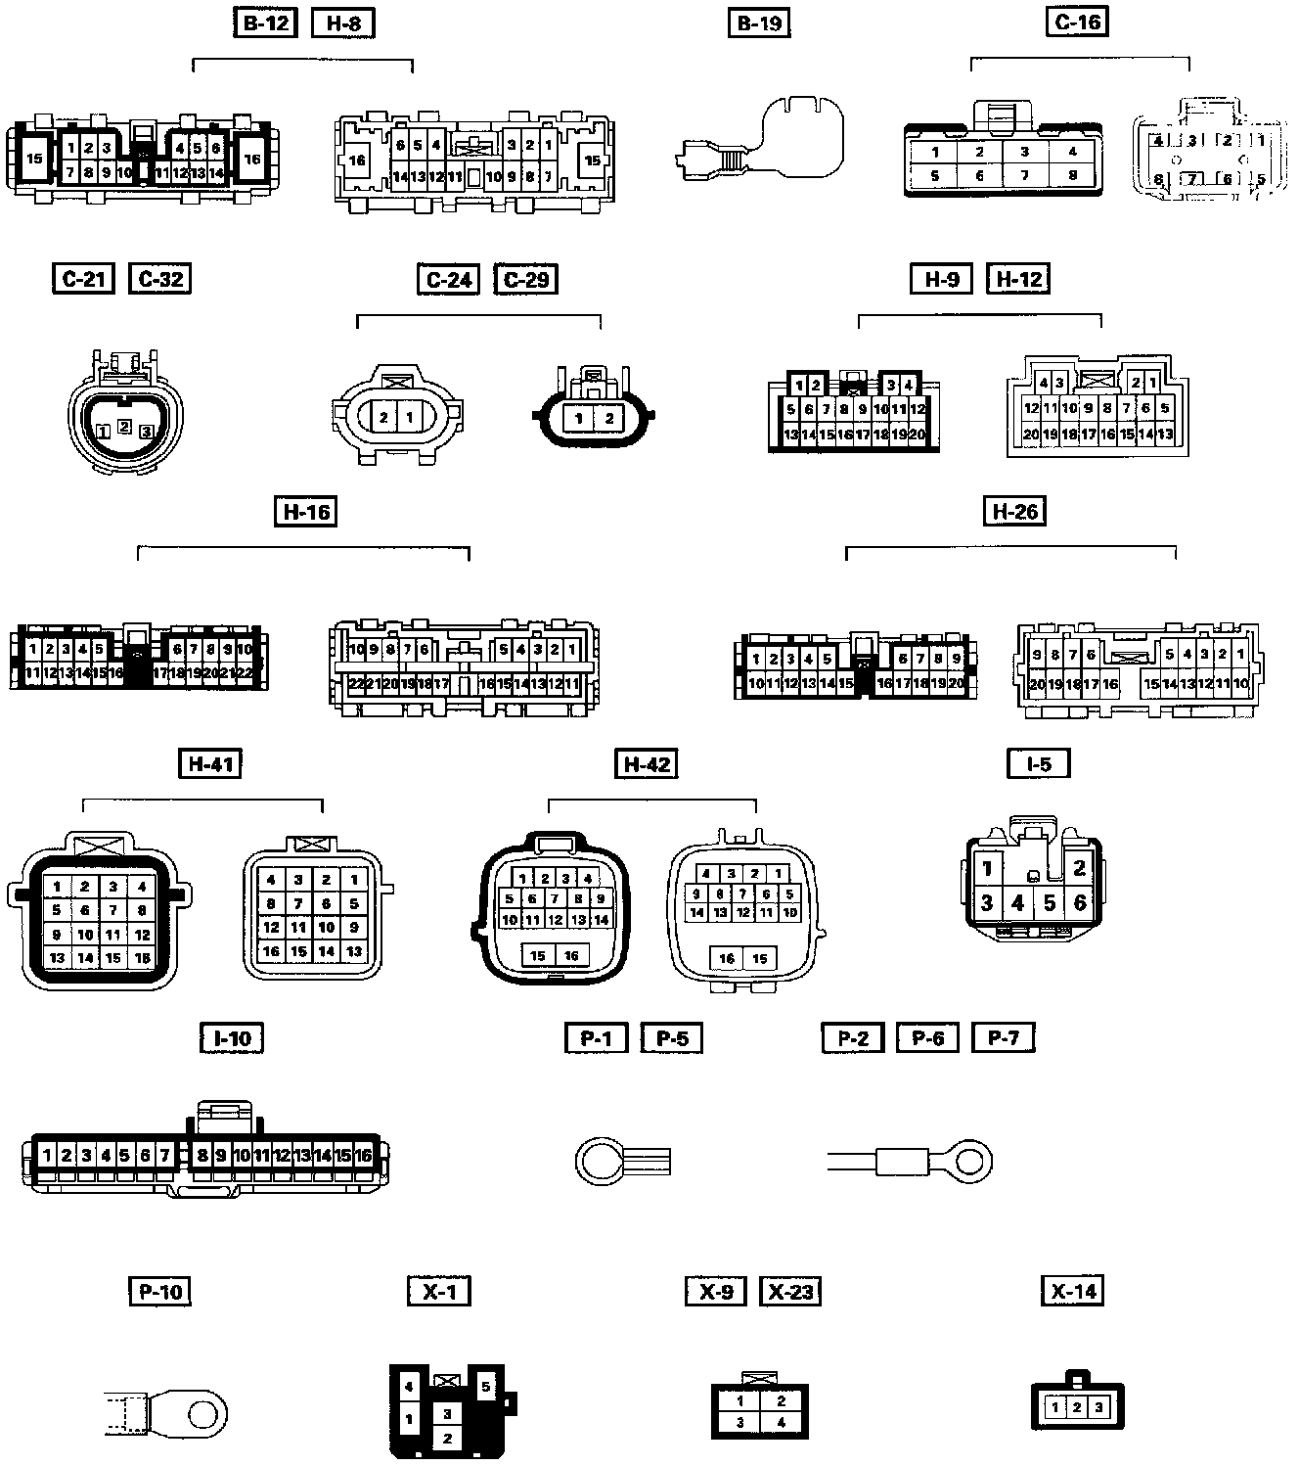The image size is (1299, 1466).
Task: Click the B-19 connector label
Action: pyautogui.click(x=759, y=23)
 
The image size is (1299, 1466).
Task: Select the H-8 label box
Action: pyautogui.click(x=342, y=23)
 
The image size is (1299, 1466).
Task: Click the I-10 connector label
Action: pyautogui.click(x=232, y=1037)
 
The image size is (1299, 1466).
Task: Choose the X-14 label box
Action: pyautogui.click(x=1073, y=1291)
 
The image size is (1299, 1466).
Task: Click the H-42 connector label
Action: pyautogui.click(x=647, y=763)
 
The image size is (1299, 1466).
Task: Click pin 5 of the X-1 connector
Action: pyautogui.click(x=486, y=1386)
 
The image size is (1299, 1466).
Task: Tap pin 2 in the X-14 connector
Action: pyautogui.click(x=1076, y=1407)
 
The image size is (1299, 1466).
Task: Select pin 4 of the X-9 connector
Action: pyautogui.click(x=782, y=1422)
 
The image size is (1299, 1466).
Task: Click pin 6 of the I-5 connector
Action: pyautogui.click(x=1080, y=902)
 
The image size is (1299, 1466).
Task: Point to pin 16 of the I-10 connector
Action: pyautogui.click(x=363, y=1155)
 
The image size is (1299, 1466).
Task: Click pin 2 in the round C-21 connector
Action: pyautogui.click(x=124, y=426)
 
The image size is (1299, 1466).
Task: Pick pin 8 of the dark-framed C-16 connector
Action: pyautogui.click(x=1073, y=176)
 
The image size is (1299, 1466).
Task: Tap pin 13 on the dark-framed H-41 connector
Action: pyautogui.click(x=58, y=957)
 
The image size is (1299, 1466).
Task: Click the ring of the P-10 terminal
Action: pyautogui.click(x=202, y=1412)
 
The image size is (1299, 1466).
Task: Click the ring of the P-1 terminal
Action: pyautogui.click(x=597, y=1162)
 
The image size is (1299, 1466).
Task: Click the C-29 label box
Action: pyautogui.click(x=526, y=279)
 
